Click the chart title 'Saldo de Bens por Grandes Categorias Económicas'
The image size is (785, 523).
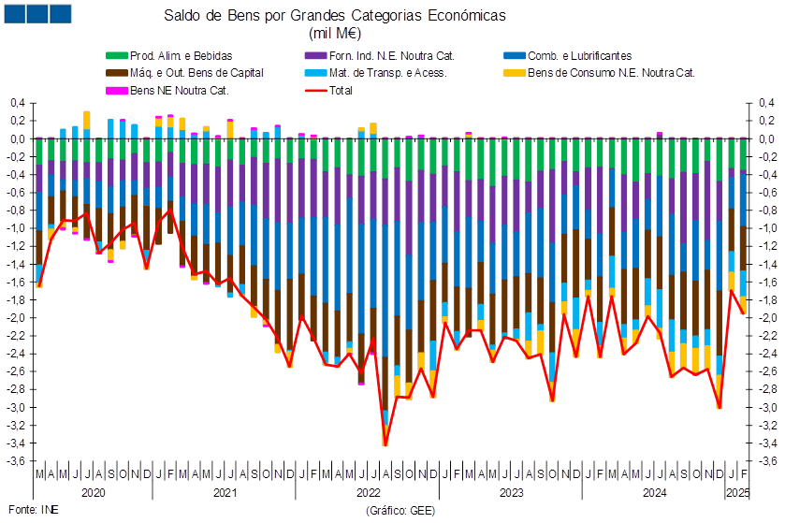coord(334,16)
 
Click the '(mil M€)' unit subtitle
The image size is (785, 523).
coord(334,33)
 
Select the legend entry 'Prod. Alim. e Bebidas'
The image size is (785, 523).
coord(169,55)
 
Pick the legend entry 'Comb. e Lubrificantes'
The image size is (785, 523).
coord(568,55)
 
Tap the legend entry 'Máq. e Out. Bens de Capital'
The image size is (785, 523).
coord(184,73)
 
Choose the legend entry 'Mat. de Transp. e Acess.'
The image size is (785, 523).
coord(375,73)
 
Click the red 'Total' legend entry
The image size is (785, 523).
coord(328,91)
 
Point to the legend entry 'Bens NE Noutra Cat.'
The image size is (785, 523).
coord(167,91)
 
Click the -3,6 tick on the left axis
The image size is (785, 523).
coord(16,460)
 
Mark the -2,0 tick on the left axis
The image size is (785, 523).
coord(16,318)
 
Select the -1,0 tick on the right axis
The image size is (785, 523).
coord(766,228)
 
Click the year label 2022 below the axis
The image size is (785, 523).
coord(369,493)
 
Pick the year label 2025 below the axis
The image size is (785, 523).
coord(738,493)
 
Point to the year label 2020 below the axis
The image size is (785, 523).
coord(94,493)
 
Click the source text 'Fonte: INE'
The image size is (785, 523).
coord(34,510)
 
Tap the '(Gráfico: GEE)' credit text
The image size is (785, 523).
coord(400,511)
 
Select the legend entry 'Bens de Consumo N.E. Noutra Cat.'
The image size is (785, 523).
coord(599,73)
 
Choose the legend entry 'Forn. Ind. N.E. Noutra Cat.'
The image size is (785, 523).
coord(380,55)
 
